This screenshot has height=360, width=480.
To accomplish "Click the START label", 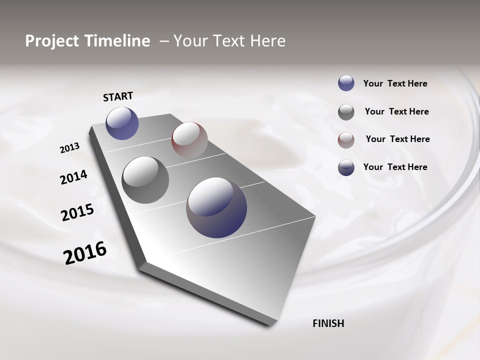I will coord(118,96).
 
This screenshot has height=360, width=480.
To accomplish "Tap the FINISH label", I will coord(328,323).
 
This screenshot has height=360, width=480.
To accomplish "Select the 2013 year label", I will coord(69,148).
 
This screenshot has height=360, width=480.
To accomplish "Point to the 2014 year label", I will coord(73,177).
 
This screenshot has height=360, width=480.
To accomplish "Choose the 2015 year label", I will coord(77,212).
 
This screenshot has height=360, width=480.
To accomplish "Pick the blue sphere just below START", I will coord(122,123).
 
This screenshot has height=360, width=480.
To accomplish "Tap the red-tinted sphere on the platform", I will coord(189,139).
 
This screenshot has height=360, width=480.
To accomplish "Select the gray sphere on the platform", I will coord(145,180).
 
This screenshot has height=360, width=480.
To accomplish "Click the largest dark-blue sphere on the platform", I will coord(216,207).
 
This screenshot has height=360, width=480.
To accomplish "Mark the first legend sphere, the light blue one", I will coord(346,83).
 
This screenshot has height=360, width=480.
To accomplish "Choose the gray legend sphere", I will coord(346,112).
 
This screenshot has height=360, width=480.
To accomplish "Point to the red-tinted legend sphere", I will coord(346,140).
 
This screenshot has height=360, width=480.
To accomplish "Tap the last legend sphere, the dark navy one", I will coord(346,167).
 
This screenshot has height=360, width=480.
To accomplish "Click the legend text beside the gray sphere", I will coord(396,111).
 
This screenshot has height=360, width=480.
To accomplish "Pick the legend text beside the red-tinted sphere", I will coord(397,139).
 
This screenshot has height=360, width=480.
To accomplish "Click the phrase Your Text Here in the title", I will coord(229,41).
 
